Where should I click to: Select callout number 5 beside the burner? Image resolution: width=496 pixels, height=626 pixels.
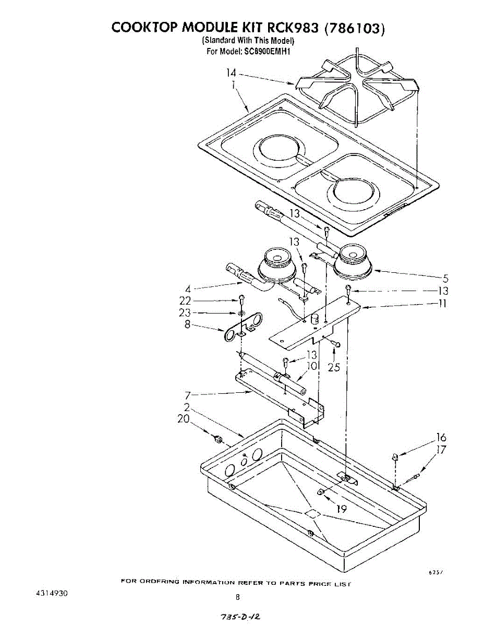pos(445,279)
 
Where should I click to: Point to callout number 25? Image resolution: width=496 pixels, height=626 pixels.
pos(334,367)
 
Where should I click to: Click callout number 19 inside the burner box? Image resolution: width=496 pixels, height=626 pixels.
pos(342,509)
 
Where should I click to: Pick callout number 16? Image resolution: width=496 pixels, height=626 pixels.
pos(441,438)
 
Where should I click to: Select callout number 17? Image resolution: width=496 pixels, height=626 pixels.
pos(441,450)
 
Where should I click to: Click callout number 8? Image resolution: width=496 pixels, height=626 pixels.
pos(187,325)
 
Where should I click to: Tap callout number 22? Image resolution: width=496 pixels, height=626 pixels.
pos(185,300)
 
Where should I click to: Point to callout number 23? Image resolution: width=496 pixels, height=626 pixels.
pos(185,312)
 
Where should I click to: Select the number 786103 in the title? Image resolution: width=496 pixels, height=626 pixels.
pos(354,27)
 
